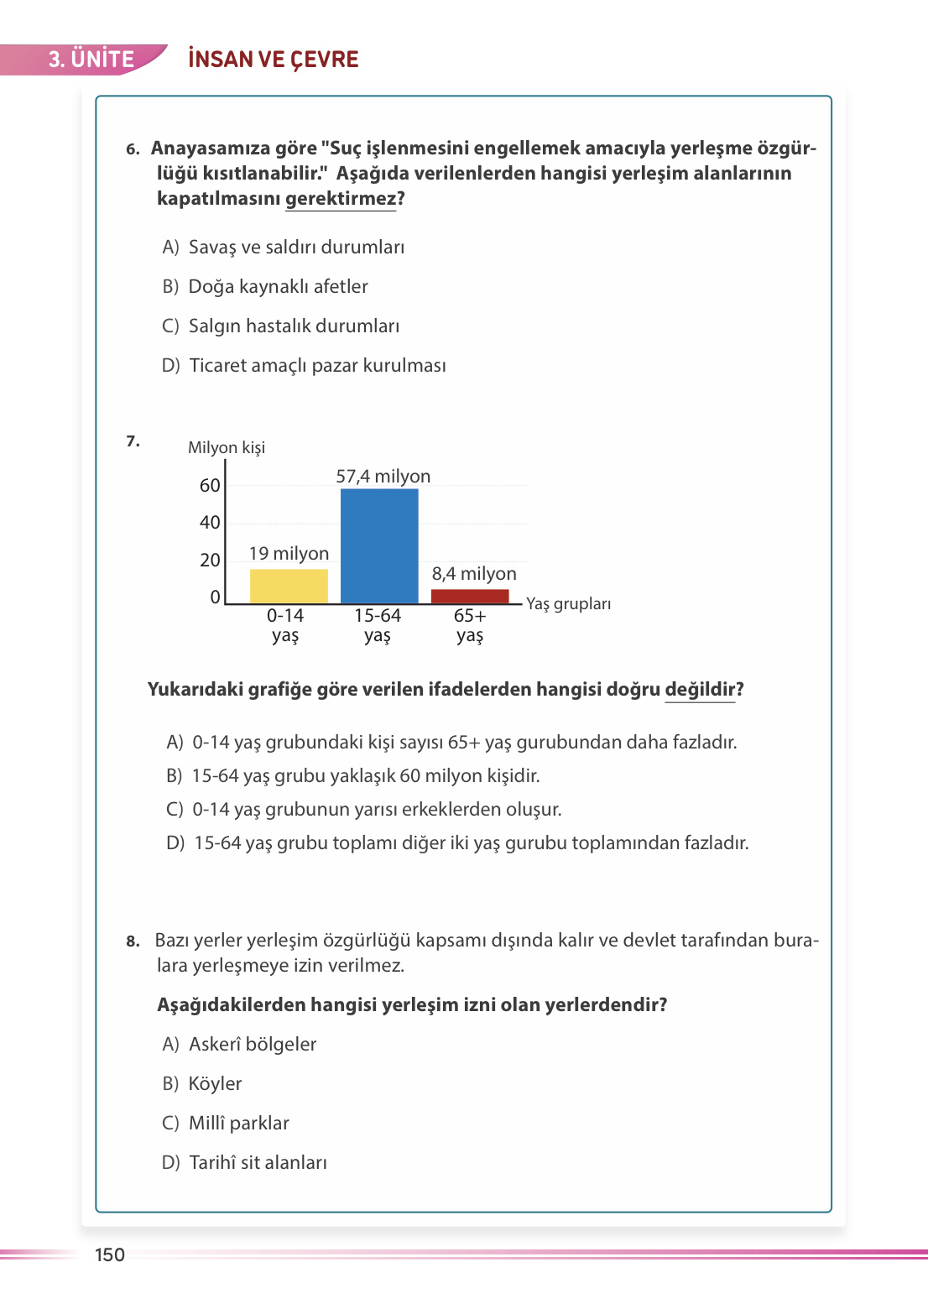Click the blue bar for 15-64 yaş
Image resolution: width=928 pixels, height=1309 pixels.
[379, 545]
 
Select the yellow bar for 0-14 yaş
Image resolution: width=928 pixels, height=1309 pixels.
[289, 586]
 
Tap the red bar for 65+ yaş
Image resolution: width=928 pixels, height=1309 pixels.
[470, 597]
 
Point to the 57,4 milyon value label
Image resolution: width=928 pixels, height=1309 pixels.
[383, 477]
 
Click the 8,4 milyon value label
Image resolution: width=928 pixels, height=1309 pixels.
[474, 574]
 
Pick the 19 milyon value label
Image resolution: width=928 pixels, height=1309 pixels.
[289, 554]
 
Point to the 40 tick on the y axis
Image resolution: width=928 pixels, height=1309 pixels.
[210, 523]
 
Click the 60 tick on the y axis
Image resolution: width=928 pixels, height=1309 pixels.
[210, 486]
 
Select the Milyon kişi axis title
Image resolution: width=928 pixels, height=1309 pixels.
[227, 448]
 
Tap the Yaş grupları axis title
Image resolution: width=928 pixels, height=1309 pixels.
[568, 604]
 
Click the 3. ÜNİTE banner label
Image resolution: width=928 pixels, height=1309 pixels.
[91, 60]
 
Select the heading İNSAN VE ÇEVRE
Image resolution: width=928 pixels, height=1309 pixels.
[274, 60]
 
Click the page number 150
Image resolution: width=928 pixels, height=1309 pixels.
[110, 1255]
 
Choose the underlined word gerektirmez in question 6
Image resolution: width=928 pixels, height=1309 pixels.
[341, 199]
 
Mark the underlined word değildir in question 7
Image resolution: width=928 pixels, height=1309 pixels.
[700, 690]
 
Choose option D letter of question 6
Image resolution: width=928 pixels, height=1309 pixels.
[170, 366]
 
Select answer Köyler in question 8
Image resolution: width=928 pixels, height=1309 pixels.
[215, 1084]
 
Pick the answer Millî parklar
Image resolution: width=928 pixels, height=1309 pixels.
[238, 1124]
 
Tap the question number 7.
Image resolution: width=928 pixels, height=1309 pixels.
[133, 441]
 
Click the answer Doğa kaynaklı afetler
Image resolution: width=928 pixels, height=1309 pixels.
[278, 287]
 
